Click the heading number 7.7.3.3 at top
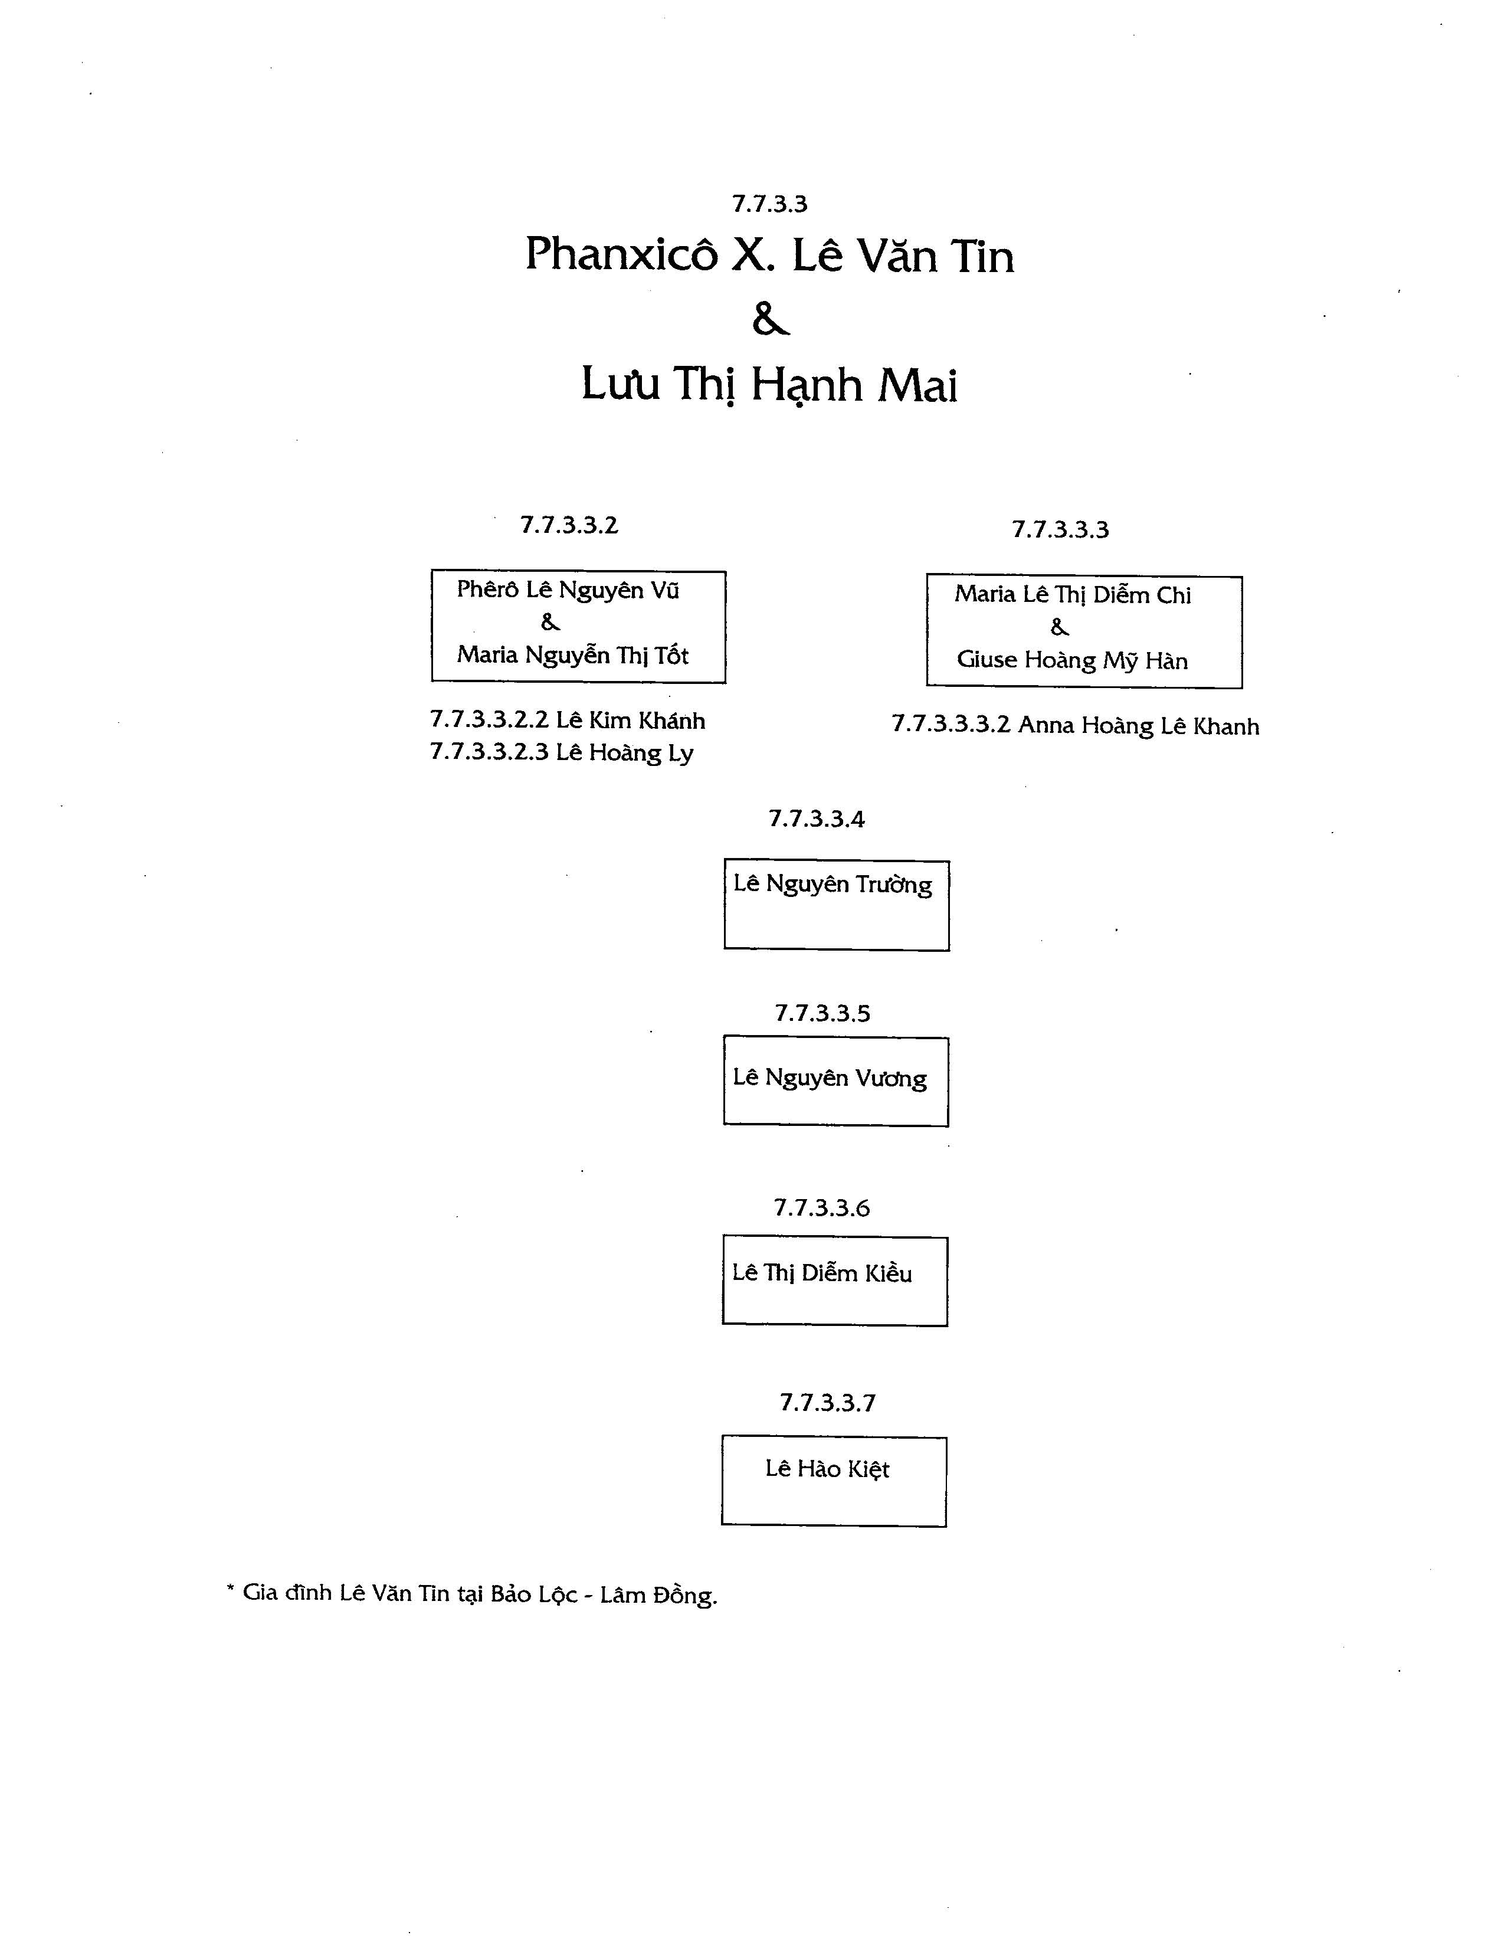(x=769, y=204)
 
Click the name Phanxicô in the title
(x=621, y=255)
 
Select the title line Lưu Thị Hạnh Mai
(x=769, y=385)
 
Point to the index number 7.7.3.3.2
(x=569, y=525)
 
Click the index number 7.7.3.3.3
(x=1060, y=530)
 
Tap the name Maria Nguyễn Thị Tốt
(x=572, y=656)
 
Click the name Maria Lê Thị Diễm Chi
(x=1073, y=595)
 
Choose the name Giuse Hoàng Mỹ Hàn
(x=1072, y=661)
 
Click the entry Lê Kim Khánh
(x=630, y=721)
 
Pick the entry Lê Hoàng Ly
(x=624, y=754)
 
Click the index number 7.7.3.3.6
(x=822, y=1209)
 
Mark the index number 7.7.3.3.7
(x=828, y=1403)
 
